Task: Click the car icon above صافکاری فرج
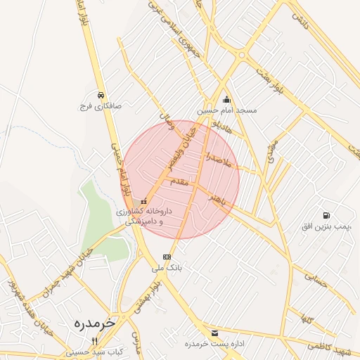tap(101, 95)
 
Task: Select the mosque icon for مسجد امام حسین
tap(226, 99)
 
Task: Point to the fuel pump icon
tap(326, 214)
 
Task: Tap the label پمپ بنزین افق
tap(326, 226)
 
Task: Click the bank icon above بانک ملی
tap(167, 257)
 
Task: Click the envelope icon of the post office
tap(214, 333)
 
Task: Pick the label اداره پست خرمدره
tap(214, 344)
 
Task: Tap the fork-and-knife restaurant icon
tap(94, 340)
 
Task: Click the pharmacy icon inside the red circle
tap(144, 200)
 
